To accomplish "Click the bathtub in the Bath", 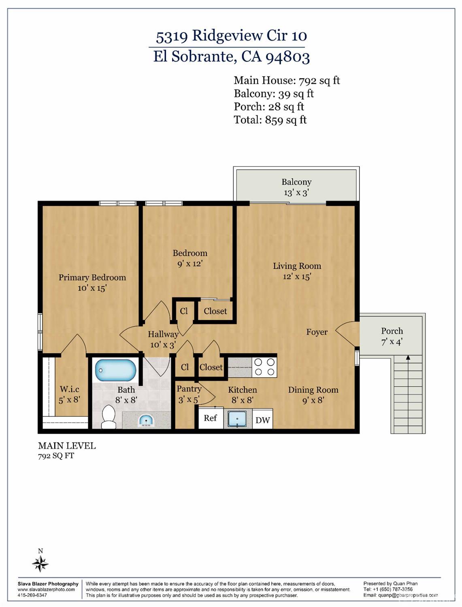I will pyautogui.click(x=115, y=370).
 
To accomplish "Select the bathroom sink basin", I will pyautogui.click(x=146, y=421).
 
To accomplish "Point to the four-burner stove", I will pyautogui.click(x=264, y=367).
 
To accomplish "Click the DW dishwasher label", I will pyautogui.click(x=262, y=420).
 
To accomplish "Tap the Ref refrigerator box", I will pyautogui.click(x=210, y=418).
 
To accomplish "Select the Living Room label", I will pyautogui.click(x=297, y=266).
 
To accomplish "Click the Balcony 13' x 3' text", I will pyautogui.click(x=296, y=187).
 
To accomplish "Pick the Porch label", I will pyautogui.click(x=392, y=331).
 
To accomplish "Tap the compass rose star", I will pyautogui.click(x=40, y=563).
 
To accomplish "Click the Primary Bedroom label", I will pyautogui.click(x=92, y=277).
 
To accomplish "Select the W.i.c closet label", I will pyautogui.click(x=70, y=389).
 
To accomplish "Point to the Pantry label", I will pyautogui.click(x=189, y=389).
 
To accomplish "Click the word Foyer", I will pyautogui.click(x=317, y=332).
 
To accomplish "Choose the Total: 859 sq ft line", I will pyautogui.click(x=270, y=120).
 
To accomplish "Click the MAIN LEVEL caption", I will pyautogui.click(x=67, y=446).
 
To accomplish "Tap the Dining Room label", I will pyautogui.click(x=313, y=390).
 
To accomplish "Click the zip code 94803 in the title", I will pyautogui.click(x=287, y=57).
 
